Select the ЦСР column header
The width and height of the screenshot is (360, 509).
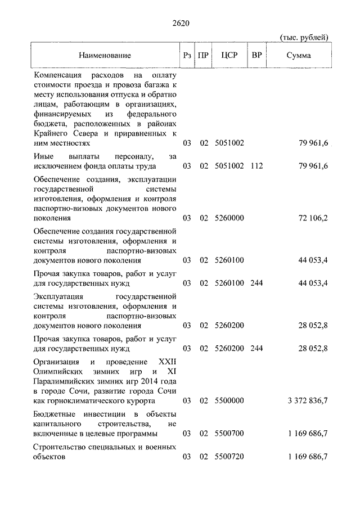(x=229, y=56)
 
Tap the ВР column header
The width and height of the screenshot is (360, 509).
(x=256, y=56)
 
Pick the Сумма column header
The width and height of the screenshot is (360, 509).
(x=299, y=56)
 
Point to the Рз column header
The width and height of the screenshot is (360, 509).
(x=187, y=56)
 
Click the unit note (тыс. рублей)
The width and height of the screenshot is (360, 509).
(x=304, y=38)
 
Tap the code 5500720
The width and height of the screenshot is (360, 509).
(x=229, y=457)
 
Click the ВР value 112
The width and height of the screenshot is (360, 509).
(x=256, y=166)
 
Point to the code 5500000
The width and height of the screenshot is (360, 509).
(x=229, y=400)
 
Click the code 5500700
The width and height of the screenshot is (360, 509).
(x=229, y=434)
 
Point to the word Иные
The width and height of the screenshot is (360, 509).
(x=43, y=156)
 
